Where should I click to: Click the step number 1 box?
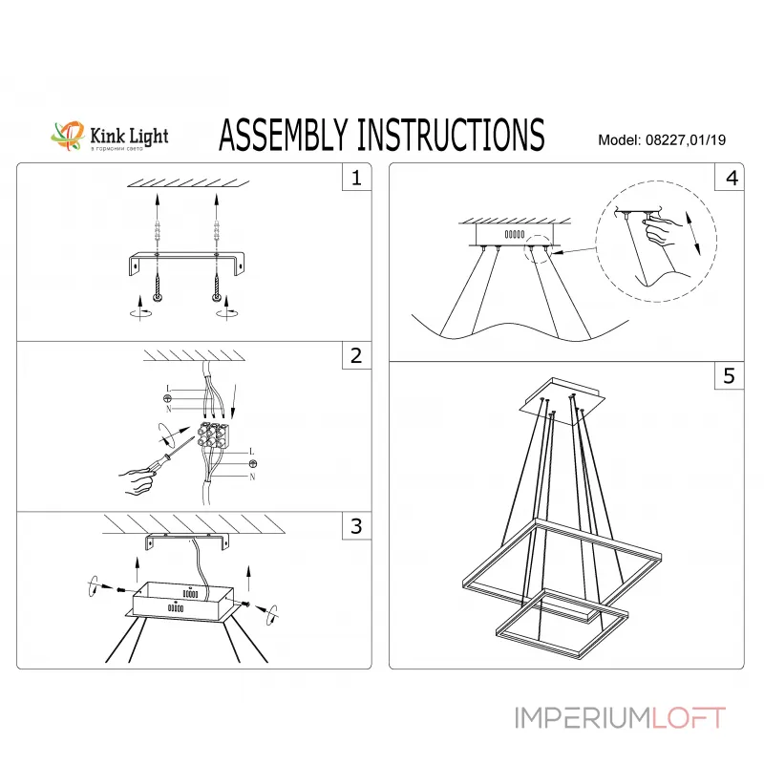pyautogui.click(x=356, y=179)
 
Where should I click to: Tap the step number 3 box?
pyautogui.click(x=356, y=526)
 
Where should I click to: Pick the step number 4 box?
pyautogui.click(x=731, y=179)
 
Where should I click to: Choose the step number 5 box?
pyautogui.click(x=731, y=376)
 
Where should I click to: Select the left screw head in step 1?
pyautogui.click(x=158, y=298)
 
